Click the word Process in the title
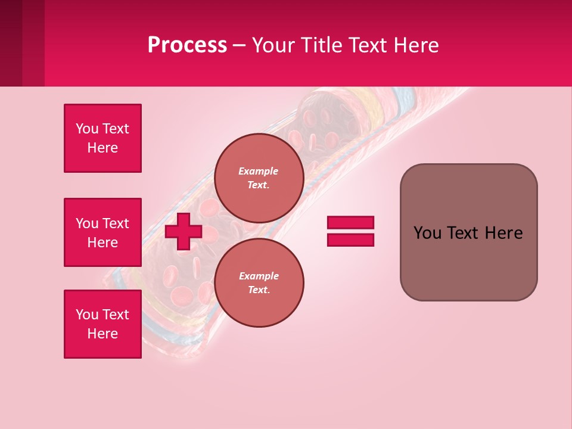187,45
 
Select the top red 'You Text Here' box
102,138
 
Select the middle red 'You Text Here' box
102,232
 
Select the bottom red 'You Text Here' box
102,324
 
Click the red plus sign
184,231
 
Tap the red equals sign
350,231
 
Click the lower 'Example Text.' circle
259,283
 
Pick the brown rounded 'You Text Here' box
468,232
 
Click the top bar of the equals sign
350,222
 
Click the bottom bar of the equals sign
350,240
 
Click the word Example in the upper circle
259,171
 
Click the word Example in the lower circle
259,276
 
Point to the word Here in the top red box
102,148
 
